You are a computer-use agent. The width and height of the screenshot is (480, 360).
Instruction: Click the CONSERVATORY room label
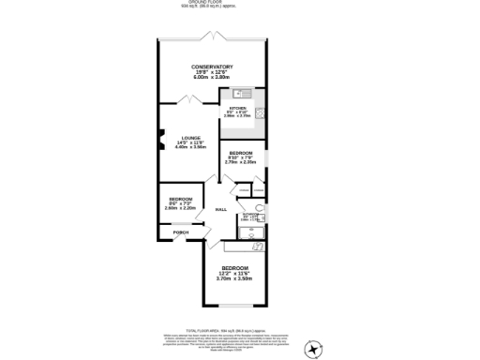(212, 67)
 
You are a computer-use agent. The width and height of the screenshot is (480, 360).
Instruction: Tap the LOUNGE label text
(191, 137)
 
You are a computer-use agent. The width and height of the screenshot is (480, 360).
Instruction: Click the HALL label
(222, 209)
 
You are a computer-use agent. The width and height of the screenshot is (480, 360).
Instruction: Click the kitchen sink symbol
(240, 93)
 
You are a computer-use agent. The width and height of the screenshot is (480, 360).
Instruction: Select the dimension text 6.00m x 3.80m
(212, 77)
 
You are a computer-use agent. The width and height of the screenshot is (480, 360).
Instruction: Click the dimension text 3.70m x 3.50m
(235, 278)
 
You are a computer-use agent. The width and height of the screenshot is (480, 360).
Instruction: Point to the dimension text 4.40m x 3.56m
(190, 147)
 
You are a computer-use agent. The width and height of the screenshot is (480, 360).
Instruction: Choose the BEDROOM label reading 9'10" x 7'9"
(241, 152)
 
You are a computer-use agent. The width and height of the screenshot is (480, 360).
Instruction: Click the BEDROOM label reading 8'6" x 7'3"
(181, 199)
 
